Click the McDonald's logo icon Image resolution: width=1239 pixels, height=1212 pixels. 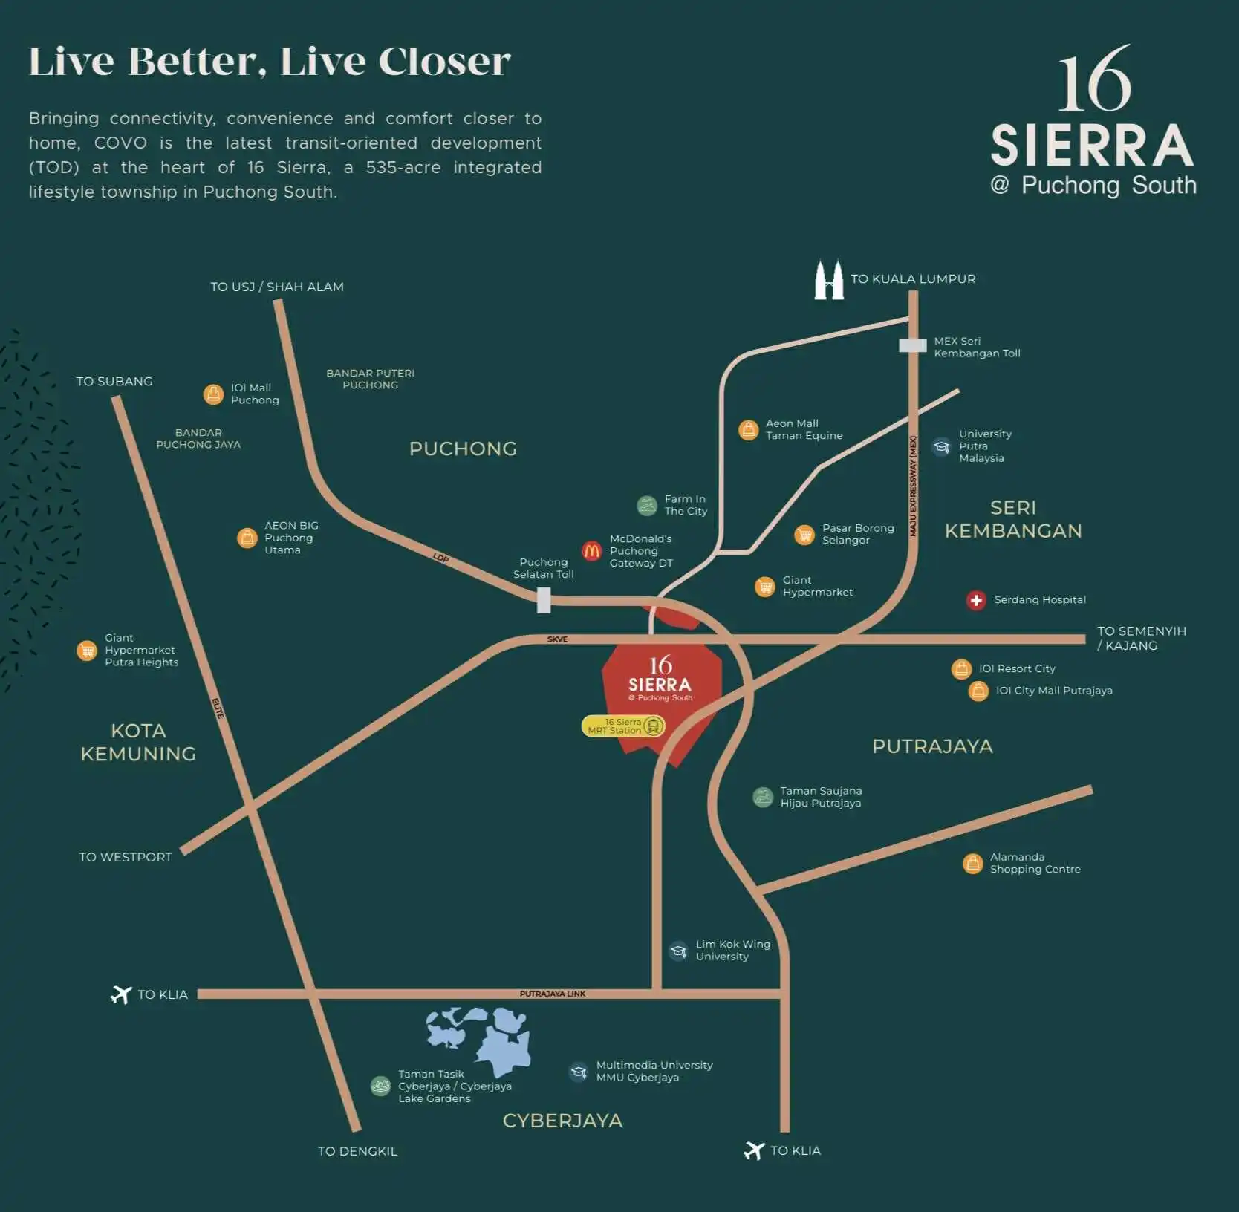pos(591,550)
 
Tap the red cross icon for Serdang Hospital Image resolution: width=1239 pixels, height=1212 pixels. pos(976,600)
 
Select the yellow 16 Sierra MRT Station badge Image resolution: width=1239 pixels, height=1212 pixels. pos(622,726)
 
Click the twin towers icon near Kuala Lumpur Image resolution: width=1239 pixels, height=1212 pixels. pos(829,280)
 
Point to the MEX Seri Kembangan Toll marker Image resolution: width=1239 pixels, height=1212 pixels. pos(913,345)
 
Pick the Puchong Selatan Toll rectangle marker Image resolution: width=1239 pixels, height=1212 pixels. pos(544,600)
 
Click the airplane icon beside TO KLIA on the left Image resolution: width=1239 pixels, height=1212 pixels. pos(121,994)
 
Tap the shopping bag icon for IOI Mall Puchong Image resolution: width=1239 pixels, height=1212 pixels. pos(213,394)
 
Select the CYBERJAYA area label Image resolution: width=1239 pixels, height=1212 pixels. pos(562,1121)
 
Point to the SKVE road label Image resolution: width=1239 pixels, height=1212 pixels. pos(557,639)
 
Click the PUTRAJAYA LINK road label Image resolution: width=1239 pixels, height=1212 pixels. pos(553,994)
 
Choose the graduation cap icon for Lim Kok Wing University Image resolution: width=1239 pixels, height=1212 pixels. pos(678,951)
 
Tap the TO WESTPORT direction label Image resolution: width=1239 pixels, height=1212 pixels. pos(126,857)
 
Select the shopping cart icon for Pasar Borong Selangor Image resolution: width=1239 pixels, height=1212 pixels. pos(804,535)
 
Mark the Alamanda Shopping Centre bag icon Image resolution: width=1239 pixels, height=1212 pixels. pos(972,863)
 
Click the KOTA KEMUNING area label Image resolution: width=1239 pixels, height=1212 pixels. pos(138,742)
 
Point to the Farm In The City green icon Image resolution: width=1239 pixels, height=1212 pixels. pos(647,505)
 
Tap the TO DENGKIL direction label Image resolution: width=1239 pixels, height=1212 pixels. pos(357,1151)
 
